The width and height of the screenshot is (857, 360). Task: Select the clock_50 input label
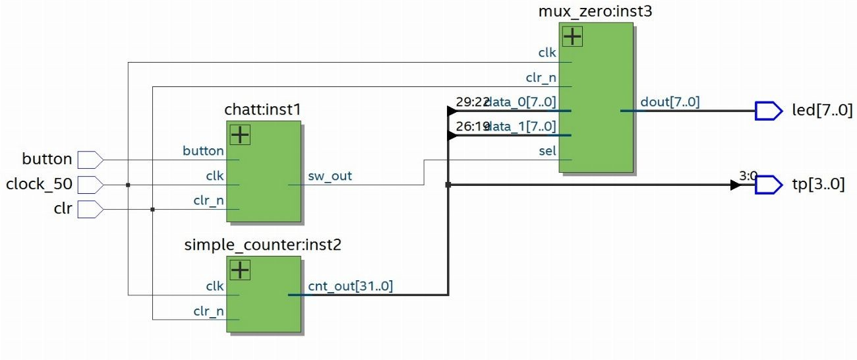point(40,185)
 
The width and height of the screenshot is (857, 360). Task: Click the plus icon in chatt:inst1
point(239,135)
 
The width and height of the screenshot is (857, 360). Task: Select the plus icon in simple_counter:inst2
point(239,270)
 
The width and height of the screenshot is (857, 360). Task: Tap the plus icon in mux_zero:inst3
point(572,36)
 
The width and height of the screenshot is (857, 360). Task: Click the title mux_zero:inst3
point(595,11)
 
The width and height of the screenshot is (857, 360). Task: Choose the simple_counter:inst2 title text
point(263,245)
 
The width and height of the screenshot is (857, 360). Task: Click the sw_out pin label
point(330,176)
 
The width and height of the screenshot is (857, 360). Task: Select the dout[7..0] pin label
point(670,102)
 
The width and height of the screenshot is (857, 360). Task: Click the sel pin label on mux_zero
point(547,151)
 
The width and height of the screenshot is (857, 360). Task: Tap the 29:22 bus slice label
point(471,102)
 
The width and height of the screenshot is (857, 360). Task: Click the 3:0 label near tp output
point(748,176)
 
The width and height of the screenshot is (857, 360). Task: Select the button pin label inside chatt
point(203,151)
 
